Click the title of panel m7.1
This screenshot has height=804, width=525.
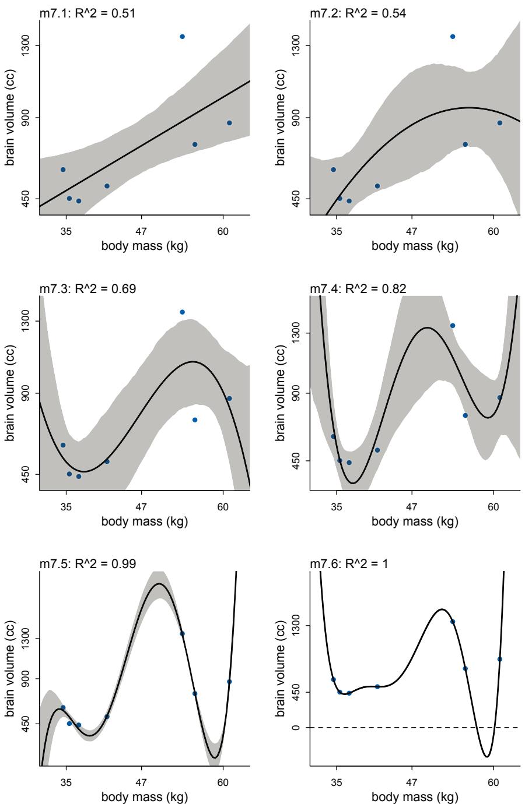[87, 13]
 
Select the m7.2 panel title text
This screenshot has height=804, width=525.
[358, 13]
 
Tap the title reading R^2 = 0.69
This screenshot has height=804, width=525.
[87, 288]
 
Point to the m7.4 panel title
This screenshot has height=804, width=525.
[358, 288]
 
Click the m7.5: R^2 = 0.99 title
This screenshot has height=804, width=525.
[87, 564]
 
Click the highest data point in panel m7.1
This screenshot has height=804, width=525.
[183, 37]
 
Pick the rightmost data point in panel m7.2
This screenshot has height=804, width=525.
[500, 123]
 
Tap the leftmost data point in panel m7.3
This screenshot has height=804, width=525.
[63, 445]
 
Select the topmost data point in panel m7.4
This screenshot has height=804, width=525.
[453, 326]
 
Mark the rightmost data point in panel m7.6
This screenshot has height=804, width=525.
[500, 660]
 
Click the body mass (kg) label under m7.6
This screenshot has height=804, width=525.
[415, 796]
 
